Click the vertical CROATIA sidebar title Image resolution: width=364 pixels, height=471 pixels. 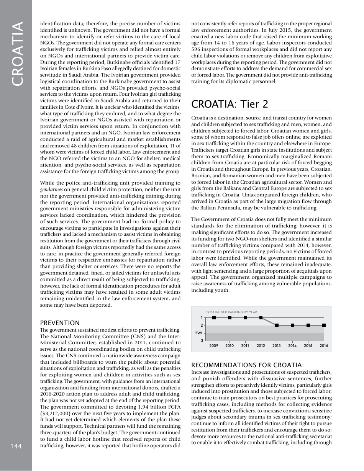coord(18,54)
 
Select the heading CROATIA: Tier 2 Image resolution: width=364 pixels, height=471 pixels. coord(230,104)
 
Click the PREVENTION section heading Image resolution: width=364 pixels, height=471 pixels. coord(60,323)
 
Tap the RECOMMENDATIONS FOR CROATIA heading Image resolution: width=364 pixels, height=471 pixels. coord(247,365)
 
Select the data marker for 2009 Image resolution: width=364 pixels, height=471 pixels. coord(214,317)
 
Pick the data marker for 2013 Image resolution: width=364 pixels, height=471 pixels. coord(277,325)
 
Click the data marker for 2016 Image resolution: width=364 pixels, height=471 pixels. coord(324,325)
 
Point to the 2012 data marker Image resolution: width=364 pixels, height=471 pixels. coord(261,317)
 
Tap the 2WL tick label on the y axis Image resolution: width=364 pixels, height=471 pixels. coord(199,333)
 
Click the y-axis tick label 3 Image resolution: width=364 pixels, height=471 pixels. coord(202,341)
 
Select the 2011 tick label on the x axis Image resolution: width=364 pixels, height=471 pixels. coord(245,345)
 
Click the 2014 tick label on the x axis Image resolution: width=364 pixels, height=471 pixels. coord(292,345)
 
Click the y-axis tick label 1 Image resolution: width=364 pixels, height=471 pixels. coord(202,317)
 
